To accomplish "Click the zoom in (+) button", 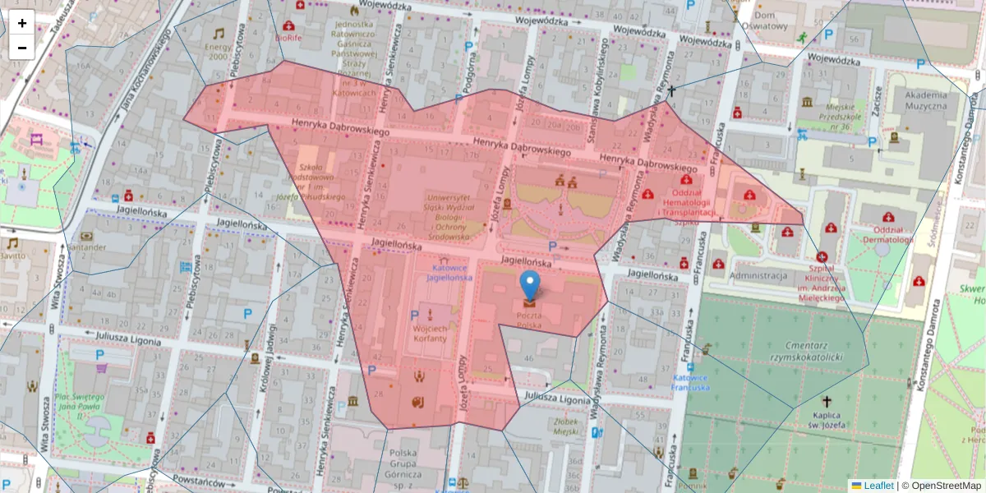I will point(22,23).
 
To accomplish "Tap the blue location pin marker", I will point(531,286).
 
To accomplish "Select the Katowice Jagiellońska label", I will point(449,273).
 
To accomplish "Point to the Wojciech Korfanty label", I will point(428,332).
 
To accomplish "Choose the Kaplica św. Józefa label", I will point(827,420).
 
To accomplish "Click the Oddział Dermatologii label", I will point(882,234).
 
